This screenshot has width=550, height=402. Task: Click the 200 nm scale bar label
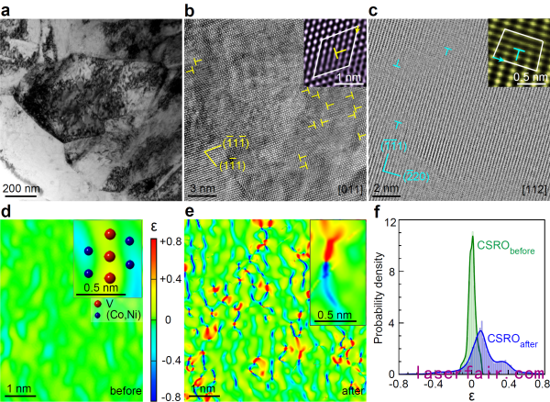click(x=21, y=189)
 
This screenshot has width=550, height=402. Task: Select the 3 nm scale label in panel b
click(x=201, y=189)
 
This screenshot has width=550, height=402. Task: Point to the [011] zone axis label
click(x=344, y=190)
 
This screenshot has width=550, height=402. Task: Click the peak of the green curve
click(x=472, y=237)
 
